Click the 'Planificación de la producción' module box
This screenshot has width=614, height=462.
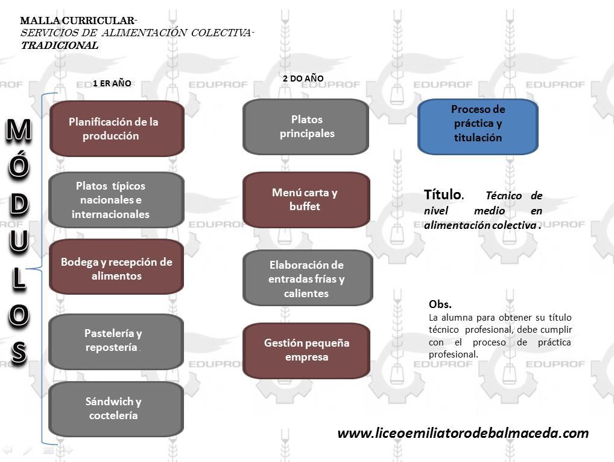116,129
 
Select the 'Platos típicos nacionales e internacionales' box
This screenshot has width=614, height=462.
116,200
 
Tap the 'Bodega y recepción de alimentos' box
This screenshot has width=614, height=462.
116,269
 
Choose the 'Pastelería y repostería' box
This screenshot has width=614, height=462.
116,341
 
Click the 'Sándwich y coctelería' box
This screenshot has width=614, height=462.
116,408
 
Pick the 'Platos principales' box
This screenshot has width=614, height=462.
306,126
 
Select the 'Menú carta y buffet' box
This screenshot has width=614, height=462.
306,199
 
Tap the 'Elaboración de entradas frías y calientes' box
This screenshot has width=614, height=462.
307,278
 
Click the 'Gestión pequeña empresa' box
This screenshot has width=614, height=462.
306,350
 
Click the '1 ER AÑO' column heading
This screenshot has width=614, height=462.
112,83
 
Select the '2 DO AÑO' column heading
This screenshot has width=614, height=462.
303,79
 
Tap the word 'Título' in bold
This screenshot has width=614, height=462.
443,194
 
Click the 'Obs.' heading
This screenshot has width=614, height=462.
440,304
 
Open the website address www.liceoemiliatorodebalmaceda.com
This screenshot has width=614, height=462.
463,433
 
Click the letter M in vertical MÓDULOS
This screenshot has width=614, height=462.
19,132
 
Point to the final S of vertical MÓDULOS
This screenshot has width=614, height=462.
19,352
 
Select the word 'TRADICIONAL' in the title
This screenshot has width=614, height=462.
59,45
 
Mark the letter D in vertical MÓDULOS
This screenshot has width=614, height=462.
19,205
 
